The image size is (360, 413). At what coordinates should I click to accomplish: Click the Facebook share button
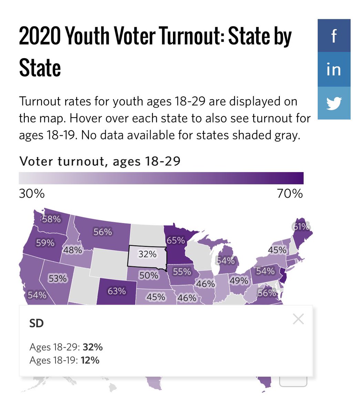coord(334,35)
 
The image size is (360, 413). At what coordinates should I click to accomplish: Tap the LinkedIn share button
coord(334,70)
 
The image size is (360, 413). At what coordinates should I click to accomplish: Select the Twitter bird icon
coord(334,103)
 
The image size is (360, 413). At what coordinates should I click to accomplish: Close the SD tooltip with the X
coord(298,319)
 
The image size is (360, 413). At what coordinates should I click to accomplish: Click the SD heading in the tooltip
coord(37,324)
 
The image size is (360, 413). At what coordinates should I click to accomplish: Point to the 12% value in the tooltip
coord(90,360)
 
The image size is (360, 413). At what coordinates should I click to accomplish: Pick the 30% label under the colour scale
coord(32,194)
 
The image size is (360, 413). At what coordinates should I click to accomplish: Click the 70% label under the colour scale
coord(290,194)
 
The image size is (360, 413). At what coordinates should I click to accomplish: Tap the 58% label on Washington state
coord(51,219)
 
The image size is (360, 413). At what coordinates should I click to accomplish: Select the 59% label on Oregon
coord(45,243)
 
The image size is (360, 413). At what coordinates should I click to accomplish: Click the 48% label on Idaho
coord(72,250)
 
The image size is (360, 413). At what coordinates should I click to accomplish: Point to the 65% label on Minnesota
coord(176,240)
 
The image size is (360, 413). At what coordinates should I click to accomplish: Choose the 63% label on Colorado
coord(116,291)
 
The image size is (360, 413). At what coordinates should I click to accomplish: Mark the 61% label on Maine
coord(301,226)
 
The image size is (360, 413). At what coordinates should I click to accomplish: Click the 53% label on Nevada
coord(58,278)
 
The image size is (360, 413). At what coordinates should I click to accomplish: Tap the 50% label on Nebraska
coord(149,275)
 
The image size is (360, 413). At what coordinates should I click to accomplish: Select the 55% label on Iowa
coord(182,272)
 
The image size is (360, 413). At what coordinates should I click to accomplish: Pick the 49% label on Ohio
coord(239,281)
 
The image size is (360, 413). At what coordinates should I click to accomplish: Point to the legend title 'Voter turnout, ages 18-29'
coord(100,161)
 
